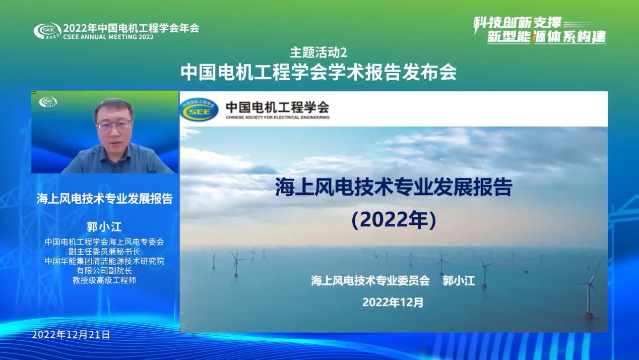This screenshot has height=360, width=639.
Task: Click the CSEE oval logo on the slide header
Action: tap(199, 109)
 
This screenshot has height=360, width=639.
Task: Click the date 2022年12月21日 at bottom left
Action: tap(71, 335)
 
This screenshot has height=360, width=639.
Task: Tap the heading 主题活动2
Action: tap(318, 52)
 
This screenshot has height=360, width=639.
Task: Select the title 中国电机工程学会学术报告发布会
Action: tap(318, 72)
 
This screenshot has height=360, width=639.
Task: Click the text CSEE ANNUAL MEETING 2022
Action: tap(108, 37)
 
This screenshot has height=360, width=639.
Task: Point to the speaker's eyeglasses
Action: tap(114, 125)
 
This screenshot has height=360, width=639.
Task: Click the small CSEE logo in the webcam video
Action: tap(48, 102)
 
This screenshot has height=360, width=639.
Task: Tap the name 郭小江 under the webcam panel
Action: tap(104, 227)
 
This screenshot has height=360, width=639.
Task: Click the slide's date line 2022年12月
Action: tap(393, 302)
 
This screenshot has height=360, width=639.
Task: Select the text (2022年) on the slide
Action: tap(394, 220)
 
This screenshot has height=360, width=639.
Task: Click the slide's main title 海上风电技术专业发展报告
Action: tap(394, 187)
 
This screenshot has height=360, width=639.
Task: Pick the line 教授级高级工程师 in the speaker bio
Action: tap(104, 280)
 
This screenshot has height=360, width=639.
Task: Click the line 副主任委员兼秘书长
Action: tap(104, 252)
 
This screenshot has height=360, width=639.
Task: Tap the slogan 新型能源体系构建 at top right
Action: tap(546, 37)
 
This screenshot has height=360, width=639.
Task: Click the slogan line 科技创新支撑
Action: tap(517, 23)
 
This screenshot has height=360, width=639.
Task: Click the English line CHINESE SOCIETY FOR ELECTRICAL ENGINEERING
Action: tap(278, 117)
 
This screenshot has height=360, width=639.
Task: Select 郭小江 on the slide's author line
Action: tap(459, 281)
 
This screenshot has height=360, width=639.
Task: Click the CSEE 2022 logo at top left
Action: tap(47, 31)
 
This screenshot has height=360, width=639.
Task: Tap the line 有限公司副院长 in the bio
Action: tap(104, 270)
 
